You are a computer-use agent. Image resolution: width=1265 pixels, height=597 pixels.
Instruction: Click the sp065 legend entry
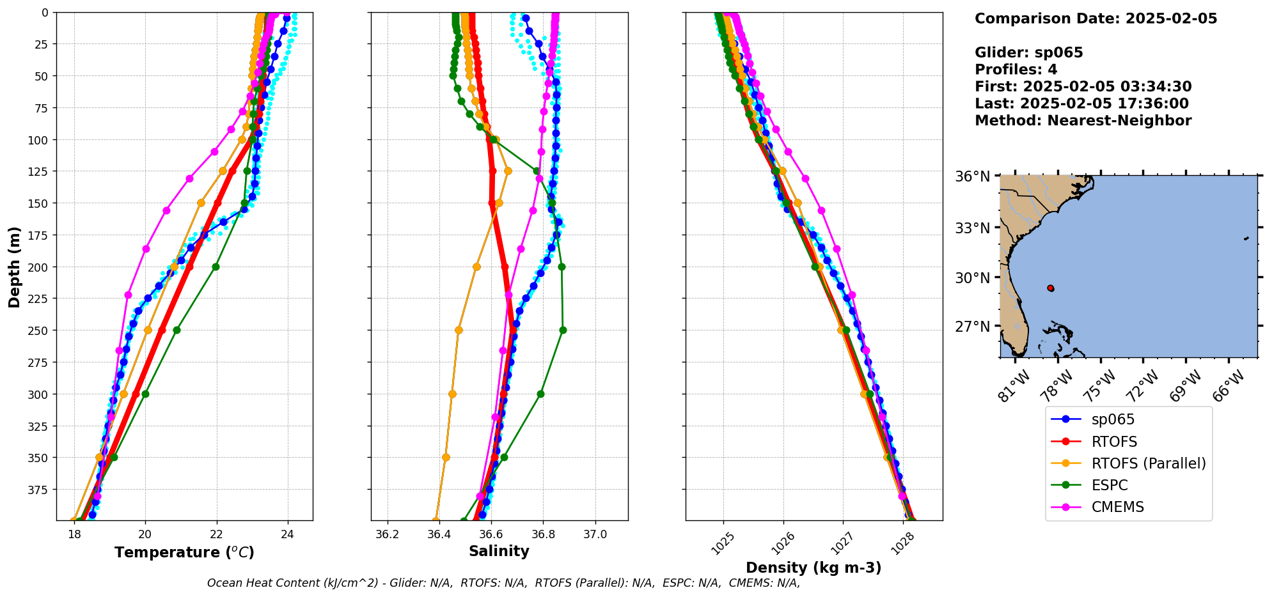(1113, 420)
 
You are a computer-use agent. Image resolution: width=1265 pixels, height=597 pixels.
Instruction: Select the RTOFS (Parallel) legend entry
(1149, 463)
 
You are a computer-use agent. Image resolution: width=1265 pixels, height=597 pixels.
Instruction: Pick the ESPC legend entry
(1110, 485)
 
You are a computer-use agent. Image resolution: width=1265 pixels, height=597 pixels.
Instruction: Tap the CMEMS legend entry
(1117, 507)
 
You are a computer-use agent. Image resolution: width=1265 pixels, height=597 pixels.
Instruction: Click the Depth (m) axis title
(14, 267)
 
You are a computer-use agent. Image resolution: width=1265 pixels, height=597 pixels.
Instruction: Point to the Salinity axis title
(499, 552)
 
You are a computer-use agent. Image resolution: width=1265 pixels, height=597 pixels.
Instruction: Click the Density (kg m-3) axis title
(813, 568)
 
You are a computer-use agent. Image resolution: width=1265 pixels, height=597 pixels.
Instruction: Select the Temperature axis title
(184, 552)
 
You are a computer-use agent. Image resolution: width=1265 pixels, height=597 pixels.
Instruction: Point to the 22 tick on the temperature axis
(216, 535)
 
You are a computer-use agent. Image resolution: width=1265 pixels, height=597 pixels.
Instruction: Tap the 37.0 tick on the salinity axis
(595, 535)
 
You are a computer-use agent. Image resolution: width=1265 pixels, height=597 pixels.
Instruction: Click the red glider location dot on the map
(1050, 288)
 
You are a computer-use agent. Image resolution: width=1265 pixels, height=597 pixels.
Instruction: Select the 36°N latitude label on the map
(972, 176)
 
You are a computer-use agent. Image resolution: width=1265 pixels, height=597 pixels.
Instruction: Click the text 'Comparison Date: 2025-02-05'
(1096, 19)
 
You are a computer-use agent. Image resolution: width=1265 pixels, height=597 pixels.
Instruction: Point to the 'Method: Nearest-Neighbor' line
(1083, 121)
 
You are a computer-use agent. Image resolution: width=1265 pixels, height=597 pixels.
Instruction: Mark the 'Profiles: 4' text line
(1016, 70)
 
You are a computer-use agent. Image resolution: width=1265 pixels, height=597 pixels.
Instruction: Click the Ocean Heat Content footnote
(503, 583)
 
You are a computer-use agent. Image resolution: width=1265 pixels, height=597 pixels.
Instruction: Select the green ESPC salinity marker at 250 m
(563, 330)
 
